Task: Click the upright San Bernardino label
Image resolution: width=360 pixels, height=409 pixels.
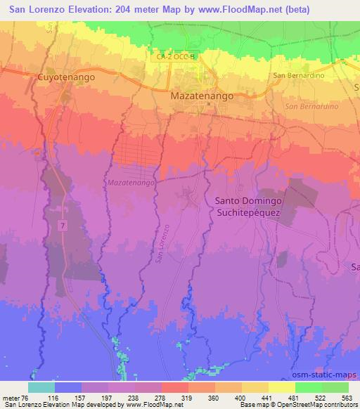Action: [x=299, y=75]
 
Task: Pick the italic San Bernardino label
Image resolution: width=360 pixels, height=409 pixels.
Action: [x=311, y=106]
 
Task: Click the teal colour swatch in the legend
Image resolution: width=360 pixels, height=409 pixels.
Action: [x=41, y=387]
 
